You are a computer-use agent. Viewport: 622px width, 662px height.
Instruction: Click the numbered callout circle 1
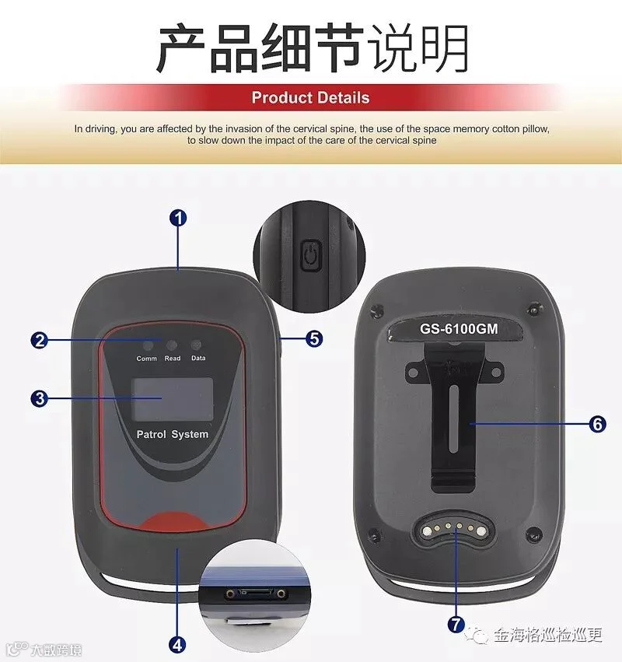(x=178, y=219)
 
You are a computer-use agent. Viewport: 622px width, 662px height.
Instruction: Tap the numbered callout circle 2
(x=40, y=340)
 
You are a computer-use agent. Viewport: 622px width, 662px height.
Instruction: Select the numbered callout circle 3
(x=40, y=398)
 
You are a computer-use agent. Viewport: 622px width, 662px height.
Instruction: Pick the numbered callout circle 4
(x=177, y=645)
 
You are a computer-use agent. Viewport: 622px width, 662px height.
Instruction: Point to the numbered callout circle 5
(x=314, y=338)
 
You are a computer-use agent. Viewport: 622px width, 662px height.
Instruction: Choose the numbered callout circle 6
(x=598, y=424)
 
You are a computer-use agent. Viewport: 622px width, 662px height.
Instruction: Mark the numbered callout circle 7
(x=456, y=625)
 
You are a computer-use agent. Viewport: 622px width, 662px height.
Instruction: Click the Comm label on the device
(x=146, y=359)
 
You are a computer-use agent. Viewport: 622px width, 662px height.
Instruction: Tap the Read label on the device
(x=173, y=359)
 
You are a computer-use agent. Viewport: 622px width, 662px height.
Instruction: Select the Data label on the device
(x=198, y=358)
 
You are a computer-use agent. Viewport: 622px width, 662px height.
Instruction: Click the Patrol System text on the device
(x=173, y=434)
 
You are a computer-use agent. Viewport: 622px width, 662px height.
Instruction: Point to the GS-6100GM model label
(x=459, y=329)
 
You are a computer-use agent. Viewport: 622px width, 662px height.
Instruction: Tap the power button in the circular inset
(x=311, y=256)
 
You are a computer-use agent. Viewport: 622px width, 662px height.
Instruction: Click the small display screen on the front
(x=173, y=399)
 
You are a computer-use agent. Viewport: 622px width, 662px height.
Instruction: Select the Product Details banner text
(x=310, y=97)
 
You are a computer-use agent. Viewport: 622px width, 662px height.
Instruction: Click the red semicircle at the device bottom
(x=172, y=522)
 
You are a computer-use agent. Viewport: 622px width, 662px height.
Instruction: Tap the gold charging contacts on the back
(x=453, y=527)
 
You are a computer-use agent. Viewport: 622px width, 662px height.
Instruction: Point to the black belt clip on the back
(x=453, y=416)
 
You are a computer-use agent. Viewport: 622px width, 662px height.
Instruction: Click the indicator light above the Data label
(x=196, y=345)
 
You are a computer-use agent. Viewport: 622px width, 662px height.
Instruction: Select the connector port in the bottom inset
(x=256, y=594)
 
